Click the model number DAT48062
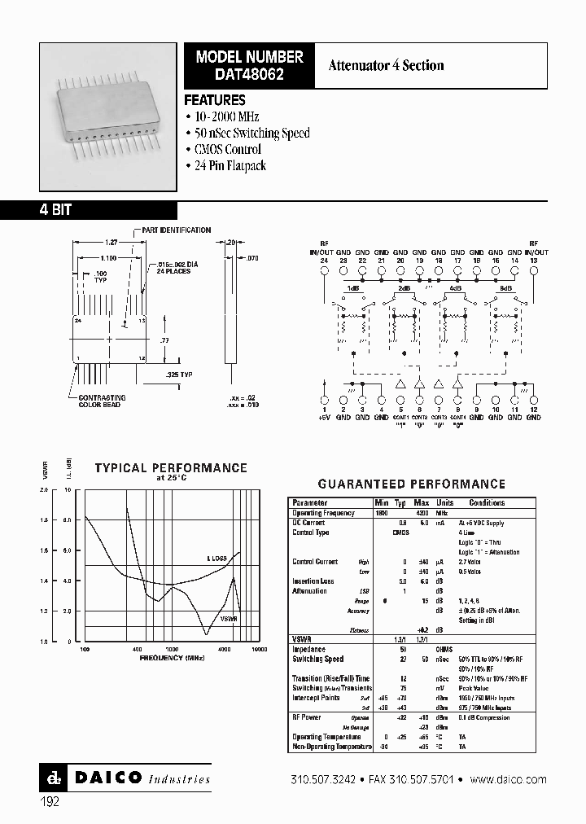249,75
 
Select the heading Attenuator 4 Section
386,65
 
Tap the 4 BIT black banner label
55,209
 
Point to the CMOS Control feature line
228,149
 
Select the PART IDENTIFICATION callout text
177,230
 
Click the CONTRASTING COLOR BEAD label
100,401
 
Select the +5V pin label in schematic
325,417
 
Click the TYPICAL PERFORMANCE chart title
171,468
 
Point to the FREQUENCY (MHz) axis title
172,656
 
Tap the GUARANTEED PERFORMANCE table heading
411,484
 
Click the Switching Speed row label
318,659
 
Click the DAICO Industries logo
125,778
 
